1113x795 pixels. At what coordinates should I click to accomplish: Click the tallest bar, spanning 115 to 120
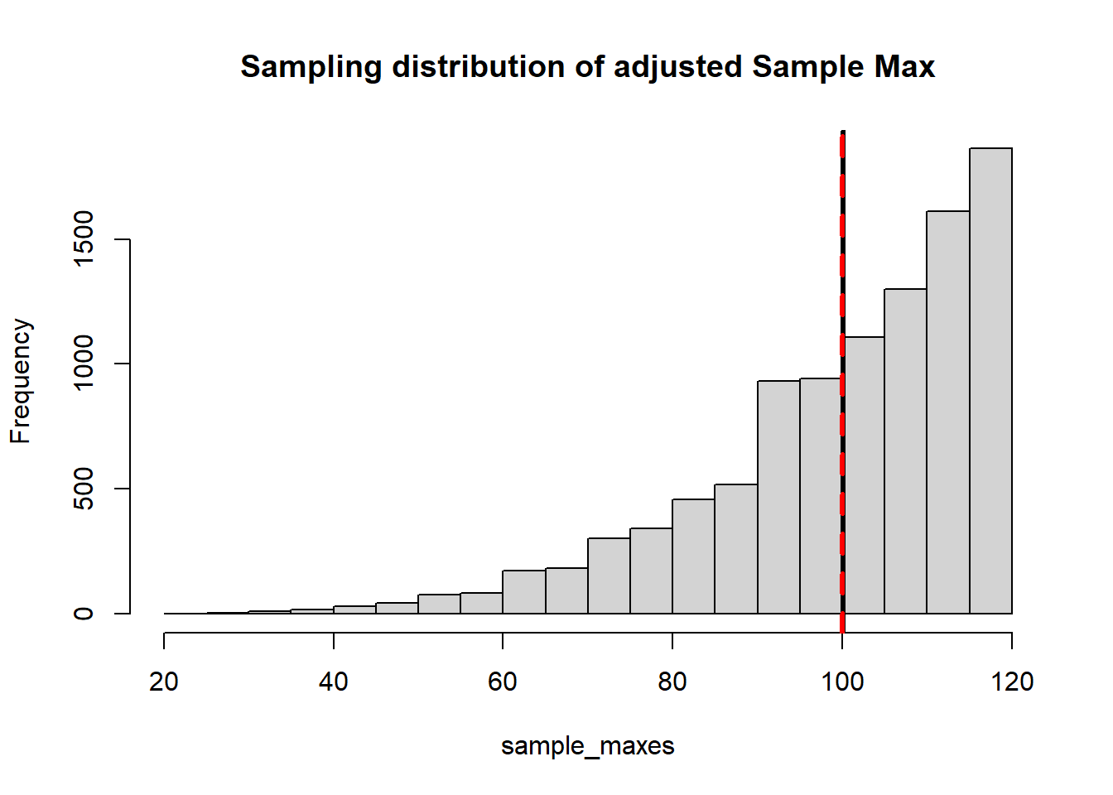(x=990, y=381)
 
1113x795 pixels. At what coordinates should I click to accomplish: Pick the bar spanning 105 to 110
(x=905, y=451)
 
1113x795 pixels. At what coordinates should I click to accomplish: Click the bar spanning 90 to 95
(x=778, y=497)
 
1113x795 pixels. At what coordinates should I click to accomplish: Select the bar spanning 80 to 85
(x=693, y=556)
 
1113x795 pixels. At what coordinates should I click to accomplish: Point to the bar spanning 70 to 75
(x=609, y=576)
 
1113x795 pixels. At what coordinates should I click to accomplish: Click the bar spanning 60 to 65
(x=524, y=592)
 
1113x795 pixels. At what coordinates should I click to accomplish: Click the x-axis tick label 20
(x=164, y=682)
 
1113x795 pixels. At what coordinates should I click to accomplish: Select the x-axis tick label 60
(x=503, y=682)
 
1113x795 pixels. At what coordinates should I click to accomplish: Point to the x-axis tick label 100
(x=842, y=682)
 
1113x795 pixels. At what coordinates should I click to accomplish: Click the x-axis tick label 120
(x=1012, y=682)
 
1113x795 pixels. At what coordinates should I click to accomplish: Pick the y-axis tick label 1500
(x=84, y=238)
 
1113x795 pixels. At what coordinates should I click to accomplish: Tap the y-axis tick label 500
(x=84, y=489)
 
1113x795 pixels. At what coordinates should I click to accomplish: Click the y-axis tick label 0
(x=84, y=614)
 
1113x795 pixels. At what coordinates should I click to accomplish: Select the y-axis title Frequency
(x=21, y=381)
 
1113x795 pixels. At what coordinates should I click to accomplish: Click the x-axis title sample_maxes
(x=587, y=746)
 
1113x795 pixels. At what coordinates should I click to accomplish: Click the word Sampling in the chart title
(x=311, y=67)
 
